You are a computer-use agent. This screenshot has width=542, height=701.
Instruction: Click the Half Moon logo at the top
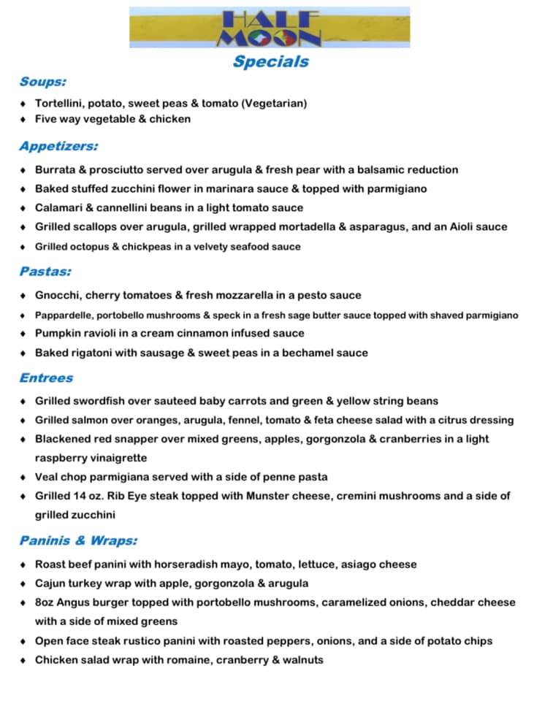pyautogui.click(x=270, y=27)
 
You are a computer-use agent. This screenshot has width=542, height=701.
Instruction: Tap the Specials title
pyautogui.click(x=271, y=61)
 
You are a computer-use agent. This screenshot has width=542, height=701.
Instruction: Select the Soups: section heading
pyautogui.click(x=43, y=82)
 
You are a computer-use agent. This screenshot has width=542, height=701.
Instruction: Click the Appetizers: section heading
pyautogui.click(x=58, y=146)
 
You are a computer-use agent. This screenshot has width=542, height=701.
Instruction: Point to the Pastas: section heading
pyautogui.click(x=45, y=272)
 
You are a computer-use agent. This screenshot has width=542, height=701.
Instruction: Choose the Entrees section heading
pyautogui.click(x=46, y=378)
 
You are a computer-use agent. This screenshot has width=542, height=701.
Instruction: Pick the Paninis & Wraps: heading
pyautogui.click(x=78, y=541)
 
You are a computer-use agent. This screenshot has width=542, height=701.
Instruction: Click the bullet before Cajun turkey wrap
pyautogui.click(x=23, y=583)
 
